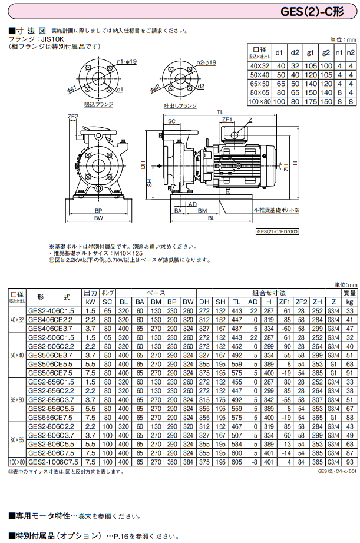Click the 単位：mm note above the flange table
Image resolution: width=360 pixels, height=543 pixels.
click(x=343, y=40)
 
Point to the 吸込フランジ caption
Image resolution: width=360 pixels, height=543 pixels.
click(x=98, y=104)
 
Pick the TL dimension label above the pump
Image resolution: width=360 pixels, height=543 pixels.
click(x=219, y=111)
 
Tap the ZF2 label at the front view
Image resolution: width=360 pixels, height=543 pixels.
click(x=73, y=117)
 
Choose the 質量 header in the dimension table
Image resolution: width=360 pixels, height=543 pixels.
click(x=349, y=292)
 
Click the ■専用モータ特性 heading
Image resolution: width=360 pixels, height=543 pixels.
click(x=39, y=515)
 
